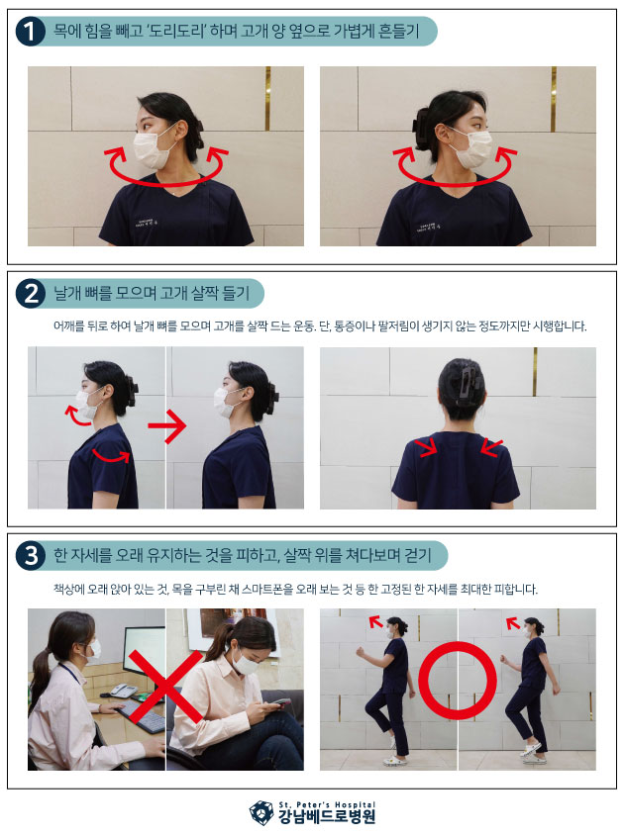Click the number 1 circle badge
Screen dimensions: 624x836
(x=30, y=32)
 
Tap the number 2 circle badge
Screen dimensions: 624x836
(x=31, y=293)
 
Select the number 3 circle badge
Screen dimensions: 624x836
(x=31, y=555)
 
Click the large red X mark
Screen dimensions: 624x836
(x=165, y=687)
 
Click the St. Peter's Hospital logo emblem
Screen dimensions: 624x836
(x=261, y=812)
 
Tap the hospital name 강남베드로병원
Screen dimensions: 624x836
(x=327, y=817)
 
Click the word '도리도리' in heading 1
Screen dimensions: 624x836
(x=175, y=31)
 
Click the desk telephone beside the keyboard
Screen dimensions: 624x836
(x=123, y=691)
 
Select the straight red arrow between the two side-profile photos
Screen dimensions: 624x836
(x=166, y=426)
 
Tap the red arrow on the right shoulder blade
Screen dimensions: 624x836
(x=491, y=448)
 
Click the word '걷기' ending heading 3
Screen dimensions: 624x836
(x=417, y=555)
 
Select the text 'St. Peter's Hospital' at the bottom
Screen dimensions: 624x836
(x=327, y=804)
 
